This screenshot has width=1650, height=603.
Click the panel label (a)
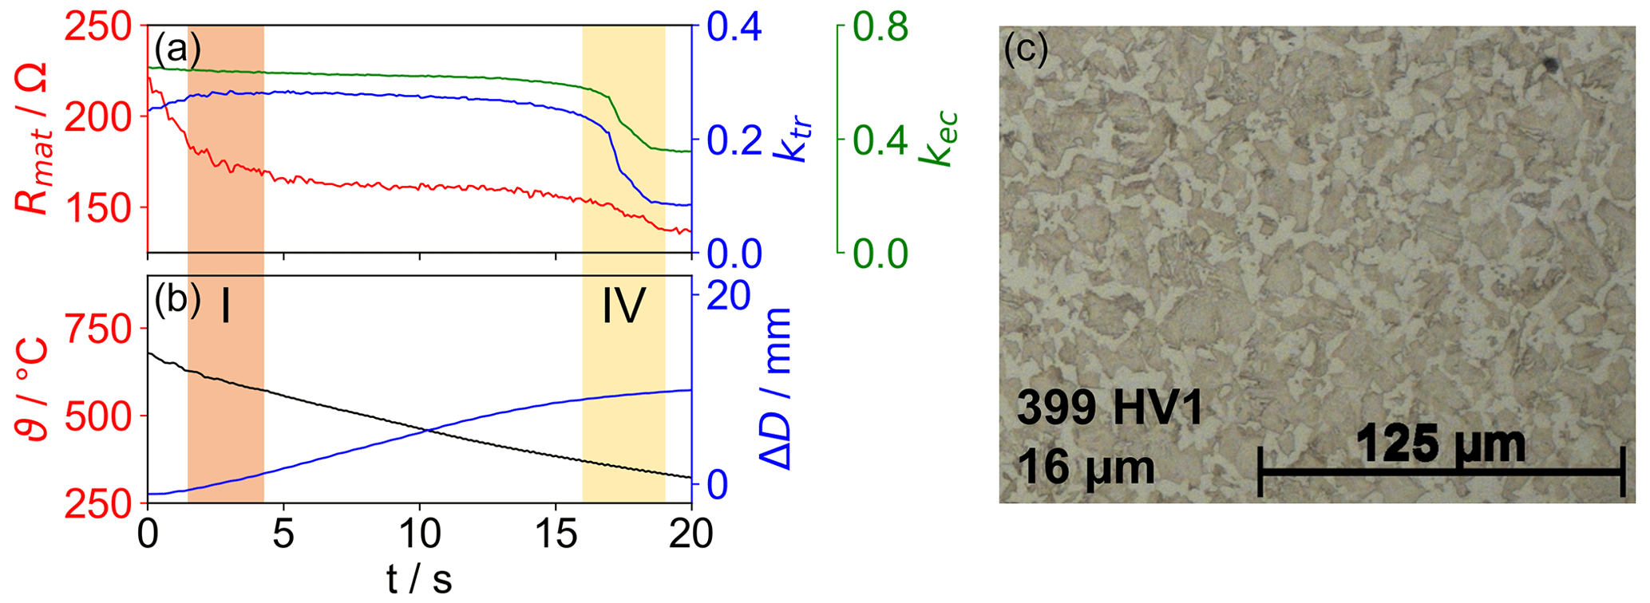coord(177,49)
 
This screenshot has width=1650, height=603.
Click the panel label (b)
coord(177,300)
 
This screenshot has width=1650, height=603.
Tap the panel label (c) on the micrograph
coord(1025,49)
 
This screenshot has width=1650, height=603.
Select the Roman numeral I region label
coord(226,307)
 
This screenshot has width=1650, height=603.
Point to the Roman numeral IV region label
coord(623,307)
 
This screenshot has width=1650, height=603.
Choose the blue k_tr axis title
coord(798,140)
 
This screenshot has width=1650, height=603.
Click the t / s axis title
coord(419,578)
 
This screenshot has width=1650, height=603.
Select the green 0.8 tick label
coord(880,27)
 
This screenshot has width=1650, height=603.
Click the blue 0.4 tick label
coord(734,27)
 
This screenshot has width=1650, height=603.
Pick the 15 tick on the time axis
coord(556,534)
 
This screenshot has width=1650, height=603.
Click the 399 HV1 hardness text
coord(1110,409)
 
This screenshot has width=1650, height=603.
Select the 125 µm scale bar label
coord(1441,445)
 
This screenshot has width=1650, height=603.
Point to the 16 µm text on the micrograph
coord(1086,468)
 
